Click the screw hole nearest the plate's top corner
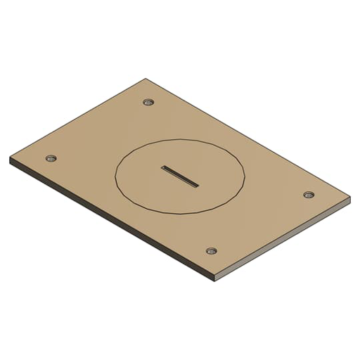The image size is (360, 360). coord(148,102)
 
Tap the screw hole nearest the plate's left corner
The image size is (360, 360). coord(50,159)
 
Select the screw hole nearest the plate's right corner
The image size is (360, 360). coord(308,194)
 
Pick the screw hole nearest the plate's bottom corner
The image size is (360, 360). coord(211,250)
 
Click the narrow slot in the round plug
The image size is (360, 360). coord(180,176)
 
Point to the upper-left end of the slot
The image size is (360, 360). coord(163,167)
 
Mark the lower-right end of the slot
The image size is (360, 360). coord(197,186)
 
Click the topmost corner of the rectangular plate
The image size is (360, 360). coord(146,79)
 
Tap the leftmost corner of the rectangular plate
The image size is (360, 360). coord(10,157)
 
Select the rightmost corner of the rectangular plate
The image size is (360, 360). coord(349,198)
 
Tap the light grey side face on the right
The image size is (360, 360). coord(281,243)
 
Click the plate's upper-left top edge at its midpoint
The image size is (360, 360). coord(77,118)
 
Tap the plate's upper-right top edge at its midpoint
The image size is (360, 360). coord(247,138)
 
